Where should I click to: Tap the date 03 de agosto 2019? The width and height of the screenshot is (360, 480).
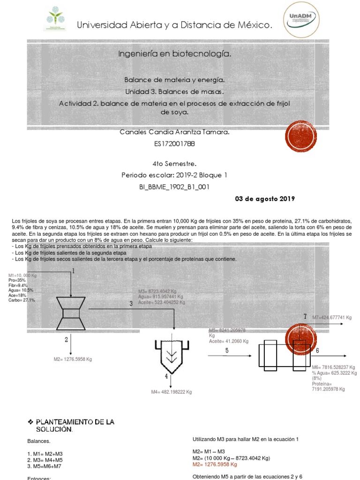[x=264, y=199]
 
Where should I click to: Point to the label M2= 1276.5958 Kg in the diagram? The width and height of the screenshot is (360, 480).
[x=73, y=360]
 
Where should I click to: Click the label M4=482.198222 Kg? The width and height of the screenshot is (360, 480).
[x=172, y=392]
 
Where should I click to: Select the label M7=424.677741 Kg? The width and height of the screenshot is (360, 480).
[x=331, y=317]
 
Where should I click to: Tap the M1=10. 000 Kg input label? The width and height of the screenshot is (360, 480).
[x=22, y=275]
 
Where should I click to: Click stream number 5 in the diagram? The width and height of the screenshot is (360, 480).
[x=227, y=351]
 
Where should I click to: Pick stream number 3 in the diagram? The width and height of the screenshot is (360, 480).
[x=131, y=304]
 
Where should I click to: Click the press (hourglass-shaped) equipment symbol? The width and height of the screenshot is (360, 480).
[x=71, y=313]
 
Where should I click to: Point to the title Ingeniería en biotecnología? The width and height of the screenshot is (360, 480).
[x=174, y=55]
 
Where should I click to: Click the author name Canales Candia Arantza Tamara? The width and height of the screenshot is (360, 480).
[x=175, y=133]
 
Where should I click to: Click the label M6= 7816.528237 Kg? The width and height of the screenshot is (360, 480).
[x=333, y=367]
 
